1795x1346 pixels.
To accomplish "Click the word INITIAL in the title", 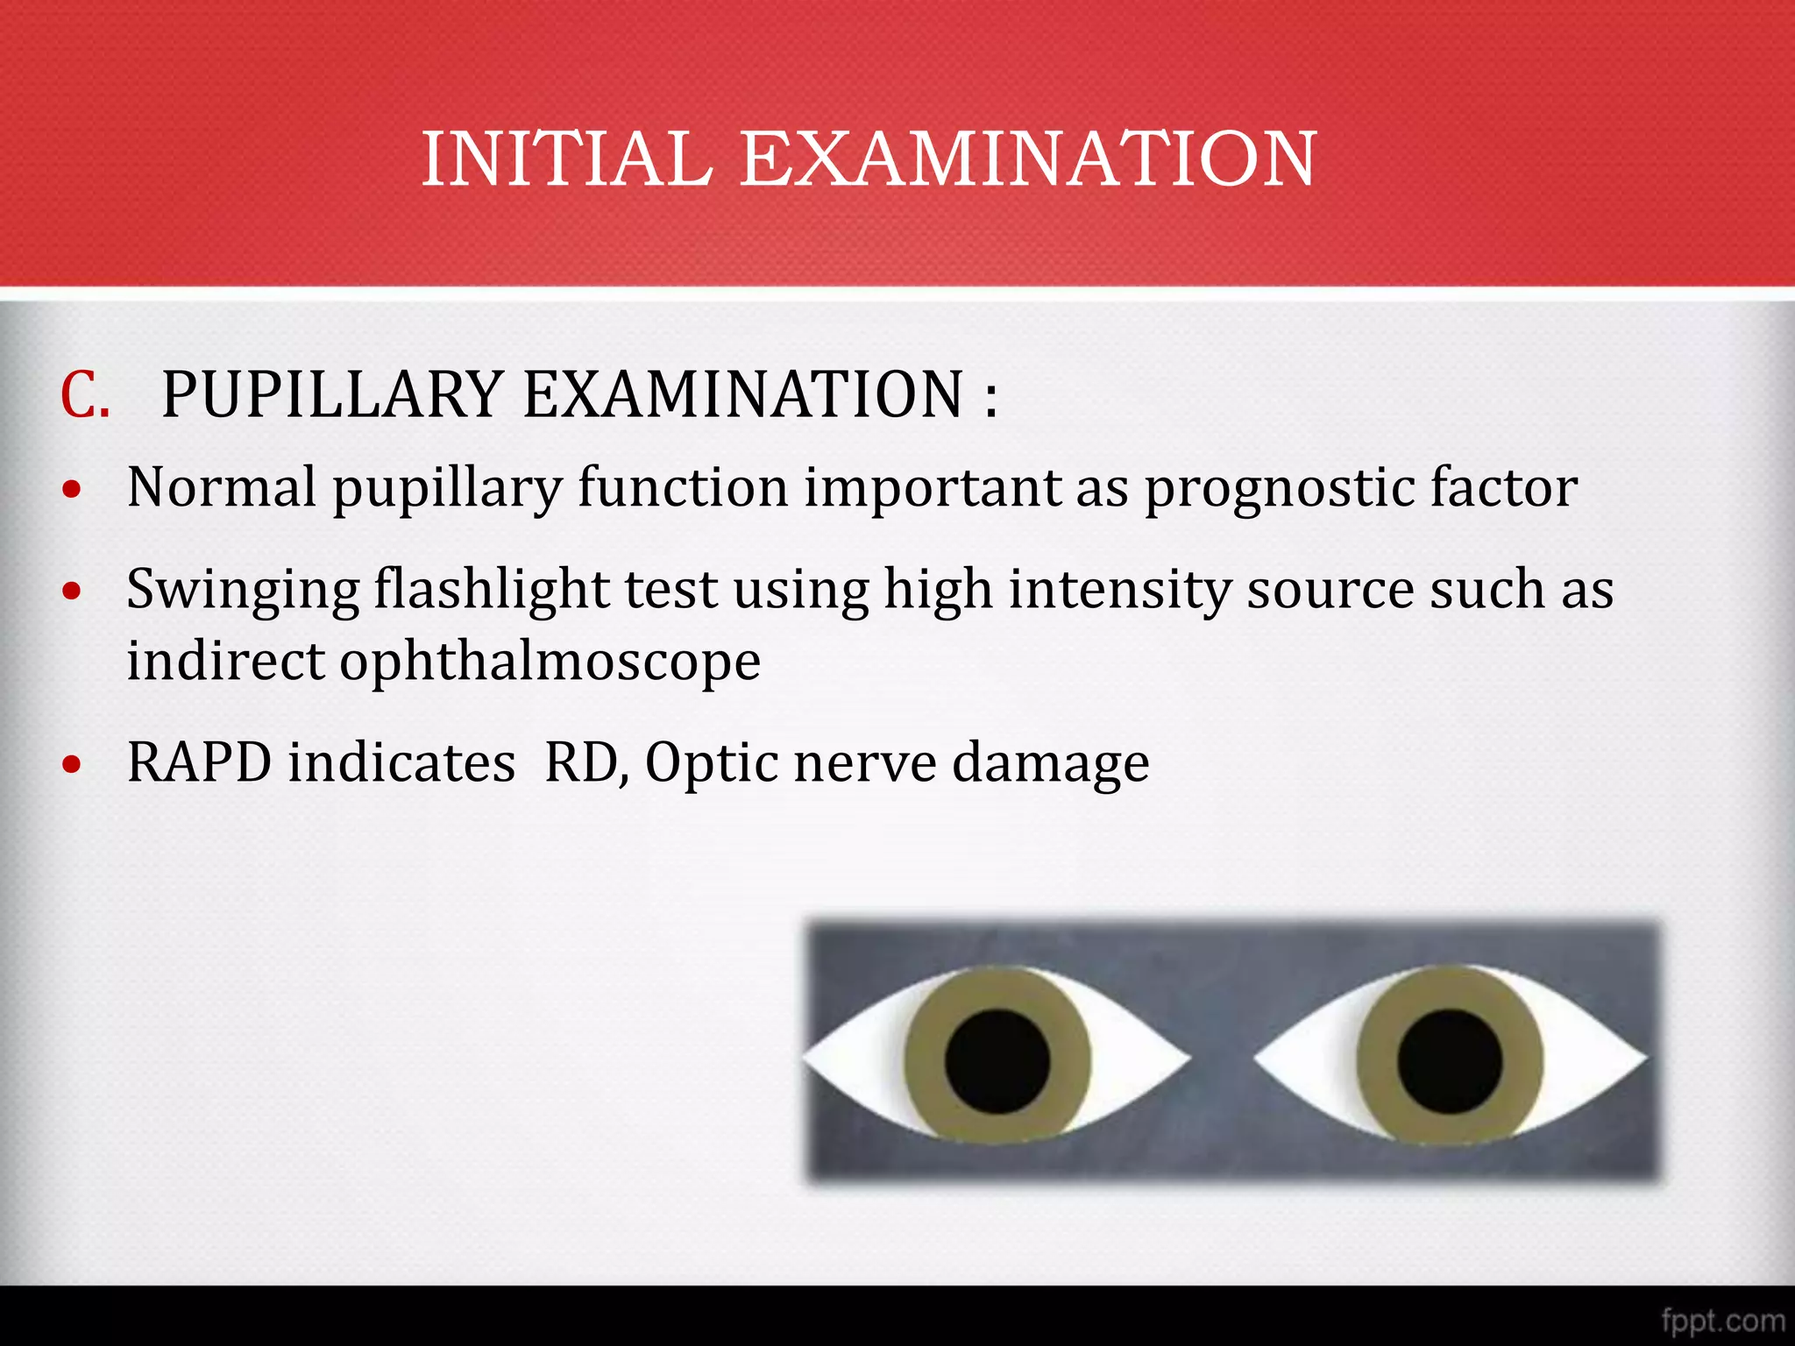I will pos(567,159).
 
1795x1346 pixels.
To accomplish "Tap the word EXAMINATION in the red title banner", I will pos(1028,159).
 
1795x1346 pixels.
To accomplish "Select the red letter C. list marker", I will pos(85,395).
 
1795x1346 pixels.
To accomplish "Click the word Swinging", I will pos(243,591).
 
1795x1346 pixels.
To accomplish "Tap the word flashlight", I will pos(492,589).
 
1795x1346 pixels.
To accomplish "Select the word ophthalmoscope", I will pos(550,662).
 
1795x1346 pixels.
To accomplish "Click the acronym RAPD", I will pos(199,762).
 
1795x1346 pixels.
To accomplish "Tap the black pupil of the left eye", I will pos(997,1061).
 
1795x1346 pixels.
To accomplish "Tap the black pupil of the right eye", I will pos(1450,1061).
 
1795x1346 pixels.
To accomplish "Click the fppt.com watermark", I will pos(1722,1320).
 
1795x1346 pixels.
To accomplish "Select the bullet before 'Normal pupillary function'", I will pos(73,490).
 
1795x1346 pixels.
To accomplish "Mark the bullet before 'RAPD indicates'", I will pos(73,764).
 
